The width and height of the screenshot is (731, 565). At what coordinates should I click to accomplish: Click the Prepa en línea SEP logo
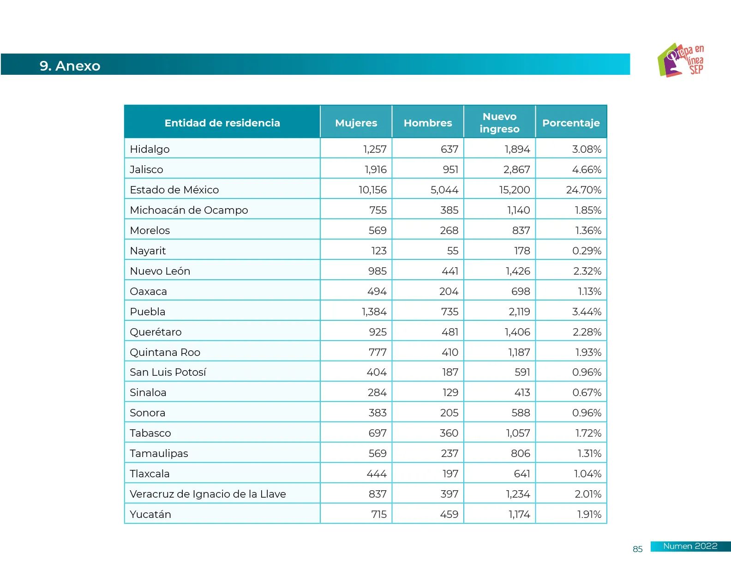681,60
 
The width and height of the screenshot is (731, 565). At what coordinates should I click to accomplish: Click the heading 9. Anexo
70,66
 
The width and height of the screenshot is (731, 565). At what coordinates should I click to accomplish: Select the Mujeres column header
356,123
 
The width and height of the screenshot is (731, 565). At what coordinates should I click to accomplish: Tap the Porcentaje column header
571,123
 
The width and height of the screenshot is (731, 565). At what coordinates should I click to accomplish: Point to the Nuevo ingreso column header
499,123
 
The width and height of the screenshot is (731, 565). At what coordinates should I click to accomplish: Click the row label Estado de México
174,190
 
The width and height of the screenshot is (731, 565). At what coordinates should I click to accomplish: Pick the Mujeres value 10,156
372,190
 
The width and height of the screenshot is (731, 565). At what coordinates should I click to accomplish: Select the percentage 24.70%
583,190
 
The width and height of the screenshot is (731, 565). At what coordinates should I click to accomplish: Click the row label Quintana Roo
165,352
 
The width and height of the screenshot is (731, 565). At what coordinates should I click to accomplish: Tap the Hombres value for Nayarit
452,251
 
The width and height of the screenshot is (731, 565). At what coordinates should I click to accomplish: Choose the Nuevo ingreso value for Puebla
519,312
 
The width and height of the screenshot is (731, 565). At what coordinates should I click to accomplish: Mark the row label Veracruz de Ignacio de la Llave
208,494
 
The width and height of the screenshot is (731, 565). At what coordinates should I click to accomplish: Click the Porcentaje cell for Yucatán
589,514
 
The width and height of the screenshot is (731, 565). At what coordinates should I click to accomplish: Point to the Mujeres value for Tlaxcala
377,474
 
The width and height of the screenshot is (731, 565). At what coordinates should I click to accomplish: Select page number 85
637,549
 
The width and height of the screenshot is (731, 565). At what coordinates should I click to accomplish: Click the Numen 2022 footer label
690,546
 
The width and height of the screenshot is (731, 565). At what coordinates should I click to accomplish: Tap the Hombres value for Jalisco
450,169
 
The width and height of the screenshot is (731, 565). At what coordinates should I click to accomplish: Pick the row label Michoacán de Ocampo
189,210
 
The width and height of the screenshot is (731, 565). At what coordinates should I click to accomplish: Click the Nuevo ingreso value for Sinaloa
522,392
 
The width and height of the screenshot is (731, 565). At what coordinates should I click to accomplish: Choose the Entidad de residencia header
222,123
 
